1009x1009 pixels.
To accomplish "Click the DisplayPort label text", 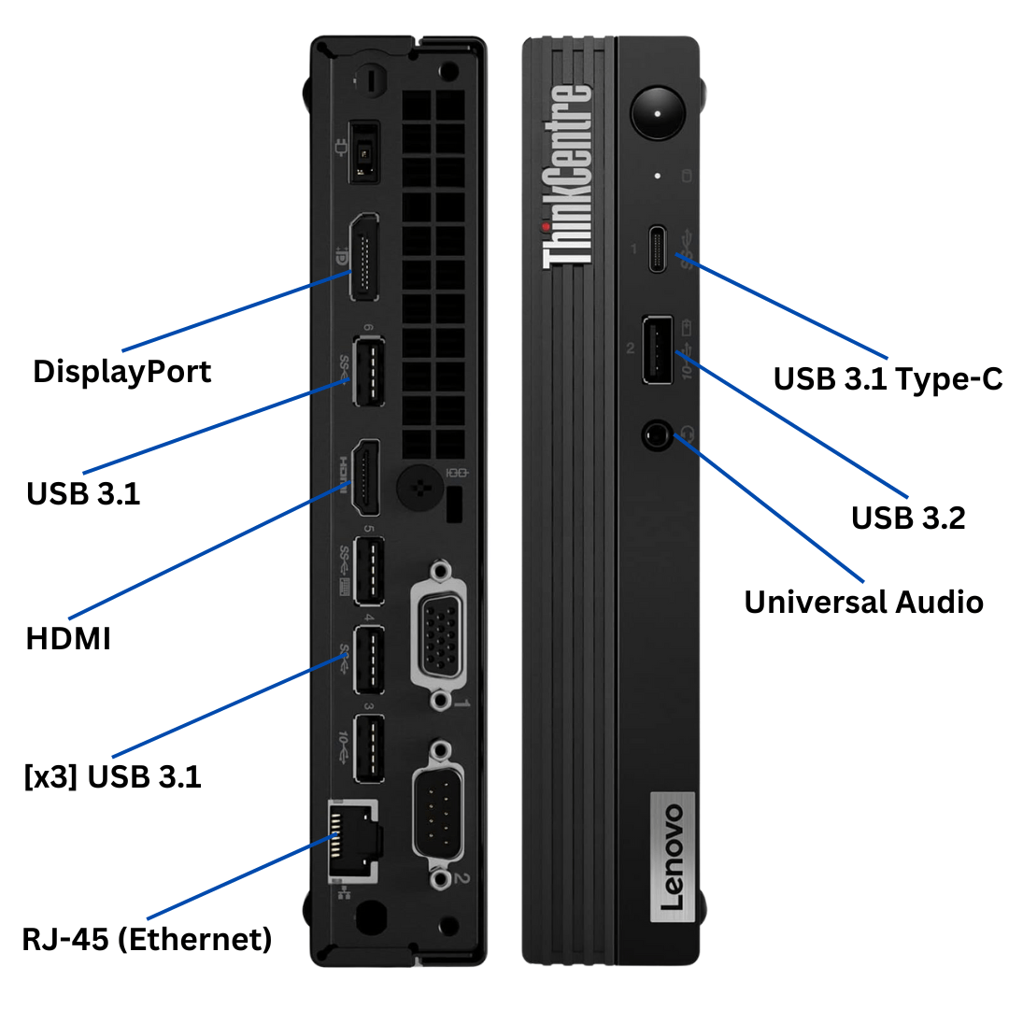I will [122, 371].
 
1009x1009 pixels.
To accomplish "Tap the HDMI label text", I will [68, 639].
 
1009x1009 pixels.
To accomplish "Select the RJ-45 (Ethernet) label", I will [148, 938].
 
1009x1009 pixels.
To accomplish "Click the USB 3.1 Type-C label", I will [888, 378].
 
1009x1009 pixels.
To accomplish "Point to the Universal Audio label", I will [863, 602].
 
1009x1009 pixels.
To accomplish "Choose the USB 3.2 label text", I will [907, 518].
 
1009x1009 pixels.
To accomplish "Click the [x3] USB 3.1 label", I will [112, 776].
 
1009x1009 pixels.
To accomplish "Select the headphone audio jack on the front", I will [658, 434].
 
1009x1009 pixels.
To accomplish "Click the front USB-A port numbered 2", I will [656, 351].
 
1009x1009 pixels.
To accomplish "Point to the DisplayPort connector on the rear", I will [364, 257].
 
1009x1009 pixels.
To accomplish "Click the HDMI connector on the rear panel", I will [365, 476].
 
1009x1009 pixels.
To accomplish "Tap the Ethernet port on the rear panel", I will [353, 840].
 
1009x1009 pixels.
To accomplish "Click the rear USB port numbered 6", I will [368, 371].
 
